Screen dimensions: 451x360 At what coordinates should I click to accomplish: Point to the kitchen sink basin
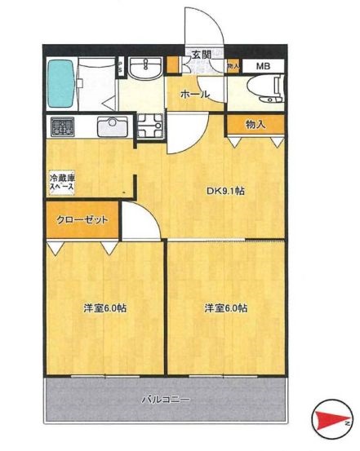click(109, 127)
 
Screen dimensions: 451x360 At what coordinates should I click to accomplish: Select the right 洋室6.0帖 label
click(225, 308)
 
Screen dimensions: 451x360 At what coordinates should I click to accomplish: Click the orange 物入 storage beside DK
click(255, 124)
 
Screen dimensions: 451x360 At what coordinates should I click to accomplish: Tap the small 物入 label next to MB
click(233, 65)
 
